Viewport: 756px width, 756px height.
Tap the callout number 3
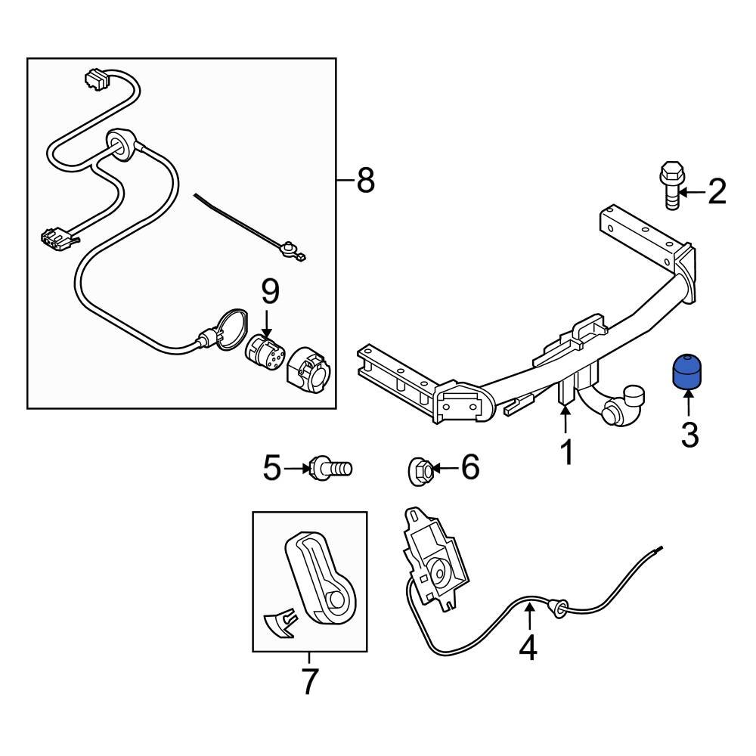[689, 435]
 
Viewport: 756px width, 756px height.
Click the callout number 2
[716, 192]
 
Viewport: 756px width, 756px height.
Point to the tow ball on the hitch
[631, 401]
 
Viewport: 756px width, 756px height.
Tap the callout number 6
[469, 468]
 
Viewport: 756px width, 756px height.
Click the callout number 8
[365, 181]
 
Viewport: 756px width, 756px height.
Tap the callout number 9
[270, 290]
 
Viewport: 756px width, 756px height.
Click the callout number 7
[308, 681]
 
